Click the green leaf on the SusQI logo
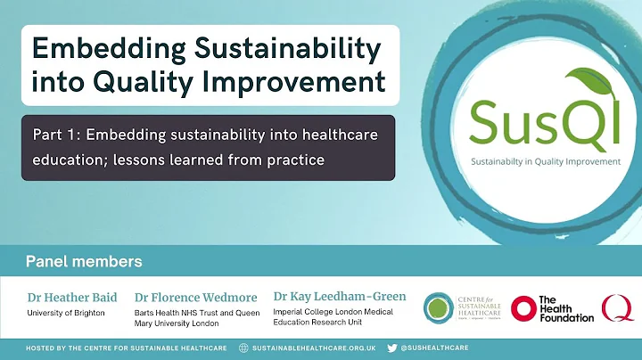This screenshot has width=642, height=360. point(559,86)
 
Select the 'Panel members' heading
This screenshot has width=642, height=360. point(84,262)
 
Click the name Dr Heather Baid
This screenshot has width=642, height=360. point(72,297)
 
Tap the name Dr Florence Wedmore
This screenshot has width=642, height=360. point(195,297)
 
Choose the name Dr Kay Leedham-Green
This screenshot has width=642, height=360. point(340,296)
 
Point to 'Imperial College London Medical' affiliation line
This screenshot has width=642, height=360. point(332,312)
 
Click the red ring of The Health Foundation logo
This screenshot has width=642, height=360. point(523,308)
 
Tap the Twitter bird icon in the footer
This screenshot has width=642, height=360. point(391,348)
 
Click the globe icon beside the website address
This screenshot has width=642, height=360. point(243,348)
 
